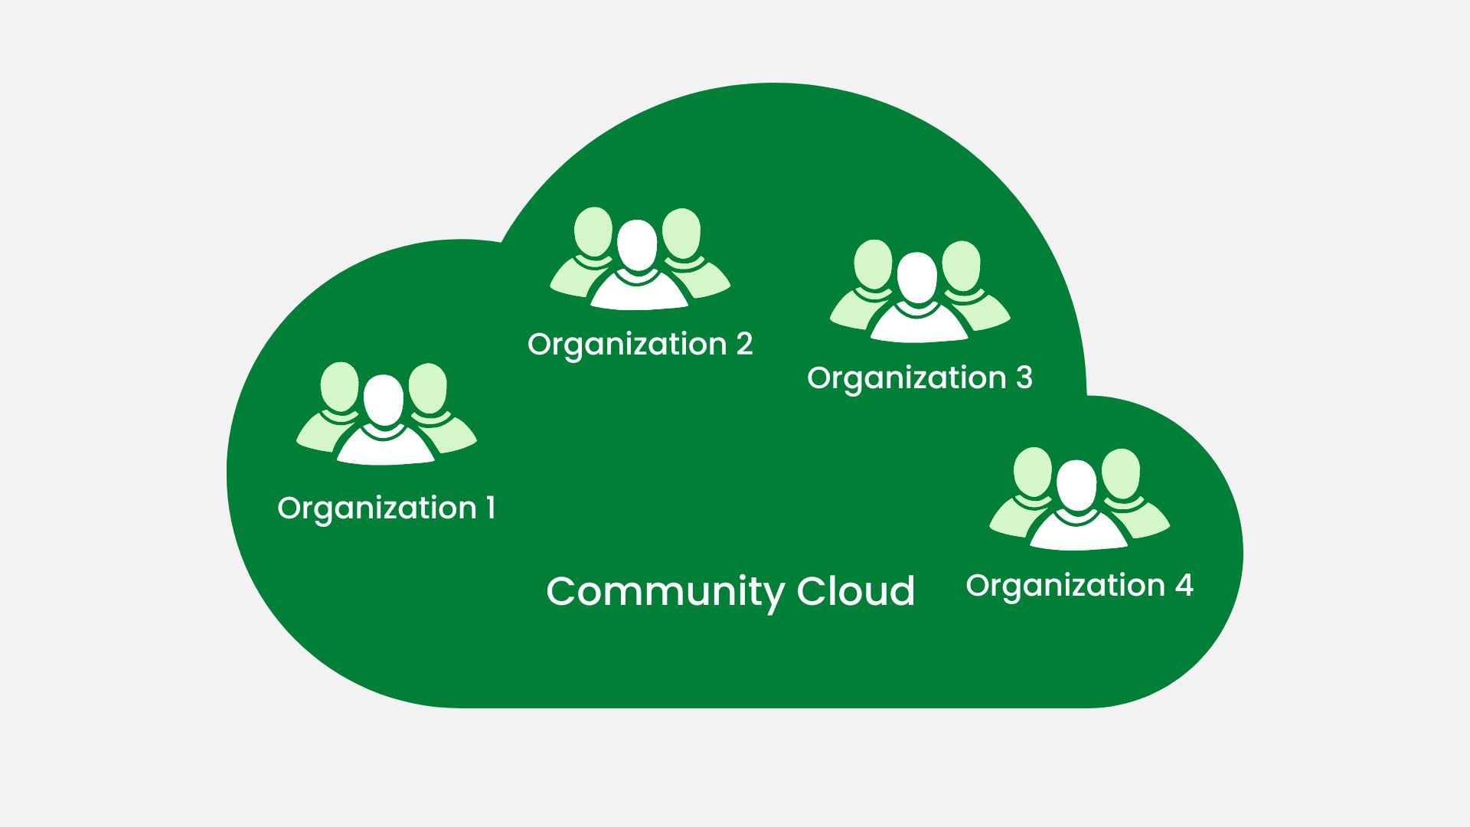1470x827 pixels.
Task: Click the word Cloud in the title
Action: [855, 591]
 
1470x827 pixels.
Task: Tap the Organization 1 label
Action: [386, 508]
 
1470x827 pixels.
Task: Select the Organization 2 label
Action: [640, 345]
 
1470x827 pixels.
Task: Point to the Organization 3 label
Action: [920, 378]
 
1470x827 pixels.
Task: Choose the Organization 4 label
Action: [1079, 586]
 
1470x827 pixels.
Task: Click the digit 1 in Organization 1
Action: [490, 508]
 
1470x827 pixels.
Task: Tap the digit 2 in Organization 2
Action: [744, 344]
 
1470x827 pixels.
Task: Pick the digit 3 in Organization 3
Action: [1024, 378]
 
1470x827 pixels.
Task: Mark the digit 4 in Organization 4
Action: [1184, 585]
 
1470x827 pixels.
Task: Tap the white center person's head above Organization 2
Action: [637, 244]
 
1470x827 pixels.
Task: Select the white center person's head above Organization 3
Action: [917, 277]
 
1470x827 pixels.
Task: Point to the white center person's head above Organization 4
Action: [1076, 485]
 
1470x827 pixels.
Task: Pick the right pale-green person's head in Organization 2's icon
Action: [681, 232]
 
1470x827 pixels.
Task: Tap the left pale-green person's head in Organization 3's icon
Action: [873, 264]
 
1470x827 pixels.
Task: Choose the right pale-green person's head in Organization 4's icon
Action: [1121, 472]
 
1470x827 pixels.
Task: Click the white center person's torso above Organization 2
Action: [639, 292]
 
